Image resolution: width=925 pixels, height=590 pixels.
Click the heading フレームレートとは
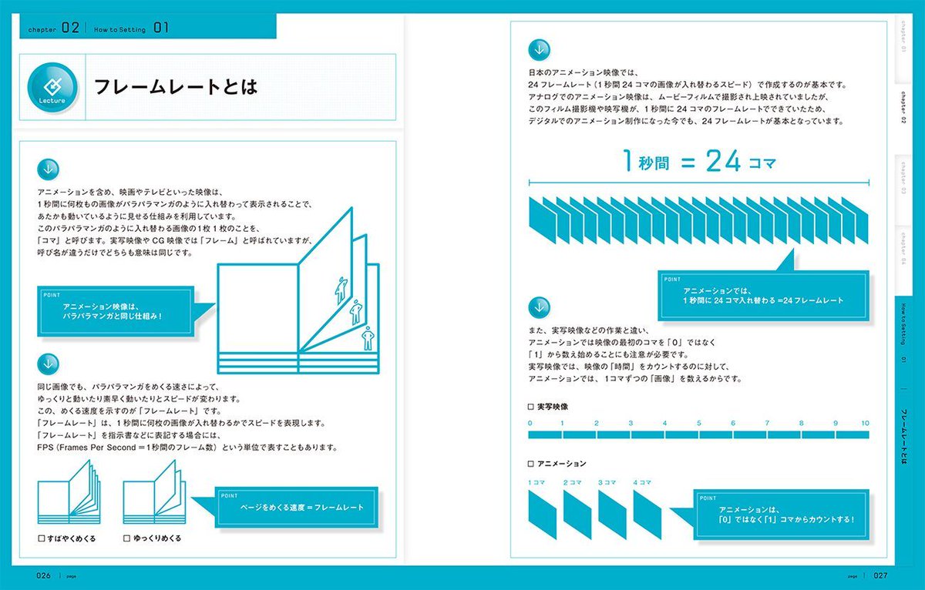(175, 86)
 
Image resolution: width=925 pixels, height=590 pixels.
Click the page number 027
(882, 575)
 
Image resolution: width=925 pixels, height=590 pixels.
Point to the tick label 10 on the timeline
(866, 424)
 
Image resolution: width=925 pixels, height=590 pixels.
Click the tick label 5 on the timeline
(699, 424)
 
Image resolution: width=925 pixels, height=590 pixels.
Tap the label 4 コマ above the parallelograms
(642, 483)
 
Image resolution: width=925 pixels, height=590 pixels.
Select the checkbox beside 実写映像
(530, 406)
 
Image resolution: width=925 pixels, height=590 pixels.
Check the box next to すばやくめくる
(42, 538)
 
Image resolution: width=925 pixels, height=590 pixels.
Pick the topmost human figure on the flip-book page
(340, 288)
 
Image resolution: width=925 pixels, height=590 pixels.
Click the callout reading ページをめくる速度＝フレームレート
(299, 508)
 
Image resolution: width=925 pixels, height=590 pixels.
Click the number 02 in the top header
(71, 28)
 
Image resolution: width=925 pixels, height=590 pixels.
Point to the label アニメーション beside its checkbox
(561, 464)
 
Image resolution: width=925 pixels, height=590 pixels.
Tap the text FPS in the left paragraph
(47, 448)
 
